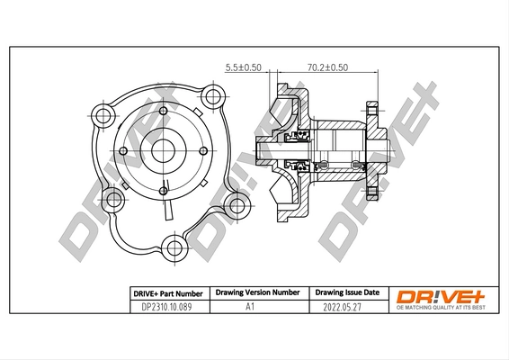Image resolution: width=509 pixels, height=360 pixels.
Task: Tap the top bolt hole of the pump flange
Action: point(212,96)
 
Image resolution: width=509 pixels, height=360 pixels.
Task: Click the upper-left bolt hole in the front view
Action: point(103,115)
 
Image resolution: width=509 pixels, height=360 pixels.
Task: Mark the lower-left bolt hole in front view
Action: point(113,200)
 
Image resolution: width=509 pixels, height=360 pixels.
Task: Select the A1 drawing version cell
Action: point(254,307)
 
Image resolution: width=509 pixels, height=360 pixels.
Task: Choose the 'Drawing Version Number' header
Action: point(254,293)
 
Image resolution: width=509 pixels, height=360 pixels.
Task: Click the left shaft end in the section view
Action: point(261,152)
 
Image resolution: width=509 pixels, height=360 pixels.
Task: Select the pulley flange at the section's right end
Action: point(375,148)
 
